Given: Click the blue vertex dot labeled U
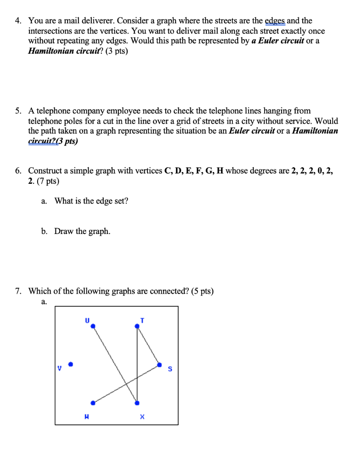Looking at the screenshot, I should (93, 327).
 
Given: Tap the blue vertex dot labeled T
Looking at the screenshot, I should (137, 327).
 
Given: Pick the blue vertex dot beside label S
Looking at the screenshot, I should (160, 365).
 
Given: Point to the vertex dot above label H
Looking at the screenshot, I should (93, 403).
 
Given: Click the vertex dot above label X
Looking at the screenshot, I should (137, 403).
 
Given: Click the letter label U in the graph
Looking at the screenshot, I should (87, 320).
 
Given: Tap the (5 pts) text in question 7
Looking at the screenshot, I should (202, 291).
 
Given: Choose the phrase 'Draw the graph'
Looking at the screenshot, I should (82, 231).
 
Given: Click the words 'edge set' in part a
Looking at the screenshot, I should (115, 201).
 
